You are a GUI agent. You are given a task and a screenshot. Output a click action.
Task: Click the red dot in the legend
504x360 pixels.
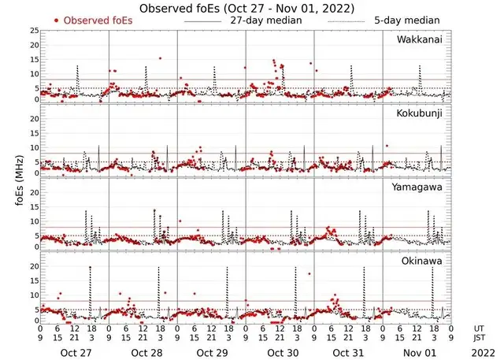(56, 20)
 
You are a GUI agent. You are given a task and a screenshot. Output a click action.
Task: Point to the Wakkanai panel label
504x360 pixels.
(420, 39)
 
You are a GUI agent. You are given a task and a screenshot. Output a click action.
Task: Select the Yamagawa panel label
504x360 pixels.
(420, 187)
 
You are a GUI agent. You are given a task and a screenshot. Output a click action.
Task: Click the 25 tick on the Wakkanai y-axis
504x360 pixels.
(33, 30)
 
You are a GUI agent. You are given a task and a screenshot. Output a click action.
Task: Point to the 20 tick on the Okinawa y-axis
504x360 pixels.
(33, 266)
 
